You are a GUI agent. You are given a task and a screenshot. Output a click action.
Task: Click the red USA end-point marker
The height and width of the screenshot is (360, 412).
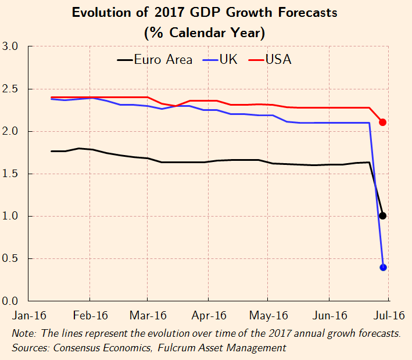pos(383,122)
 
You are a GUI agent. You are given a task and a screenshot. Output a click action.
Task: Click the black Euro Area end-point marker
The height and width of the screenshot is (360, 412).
pos(382,216)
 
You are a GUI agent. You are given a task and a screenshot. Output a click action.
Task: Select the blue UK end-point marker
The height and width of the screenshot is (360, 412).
pos(383,267)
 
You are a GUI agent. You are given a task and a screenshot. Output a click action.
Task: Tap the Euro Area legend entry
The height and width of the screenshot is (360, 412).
pos(155,60)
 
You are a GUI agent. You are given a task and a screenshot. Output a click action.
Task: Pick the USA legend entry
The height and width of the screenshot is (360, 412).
pos(270,60)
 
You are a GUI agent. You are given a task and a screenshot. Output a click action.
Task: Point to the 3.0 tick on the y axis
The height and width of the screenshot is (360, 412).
pos(11,46)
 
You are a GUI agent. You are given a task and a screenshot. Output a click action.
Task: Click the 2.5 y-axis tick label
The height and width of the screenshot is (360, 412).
pos(11,89)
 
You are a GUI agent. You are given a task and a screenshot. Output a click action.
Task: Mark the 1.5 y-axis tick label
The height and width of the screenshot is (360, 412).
pos(11,174)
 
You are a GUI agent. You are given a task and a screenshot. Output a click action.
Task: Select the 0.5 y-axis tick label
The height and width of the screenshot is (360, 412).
pos(11,258)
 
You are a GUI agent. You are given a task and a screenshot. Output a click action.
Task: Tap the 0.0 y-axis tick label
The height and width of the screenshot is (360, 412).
pos(11,301)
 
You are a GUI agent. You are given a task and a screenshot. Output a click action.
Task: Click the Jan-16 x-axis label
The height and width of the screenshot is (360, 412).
pos(29,316)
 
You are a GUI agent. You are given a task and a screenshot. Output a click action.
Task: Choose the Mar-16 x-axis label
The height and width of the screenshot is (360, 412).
pos(148,316)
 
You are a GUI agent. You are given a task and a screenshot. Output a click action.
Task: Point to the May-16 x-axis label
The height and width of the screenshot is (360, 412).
pos(268,316)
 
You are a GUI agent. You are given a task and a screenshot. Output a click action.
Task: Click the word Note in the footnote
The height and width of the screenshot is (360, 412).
pos(24,334)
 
